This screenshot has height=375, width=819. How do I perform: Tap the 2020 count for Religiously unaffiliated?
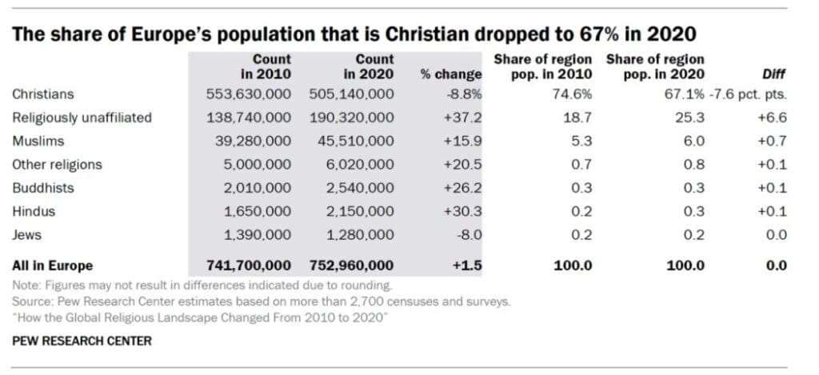click(351, 118)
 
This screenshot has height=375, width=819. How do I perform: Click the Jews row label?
click(26, 234)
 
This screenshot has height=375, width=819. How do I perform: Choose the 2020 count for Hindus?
click(357, 211)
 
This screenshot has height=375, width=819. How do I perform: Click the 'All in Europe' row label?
click(52, 265)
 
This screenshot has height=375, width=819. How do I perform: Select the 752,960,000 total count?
click(351, 265)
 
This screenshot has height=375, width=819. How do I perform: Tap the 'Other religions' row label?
click(57, 165)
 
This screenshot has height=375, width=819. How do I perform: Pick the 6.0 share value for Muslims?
click(692, 141)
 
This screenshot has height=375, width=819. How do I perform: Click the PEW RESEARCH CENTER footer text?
click(82, 341)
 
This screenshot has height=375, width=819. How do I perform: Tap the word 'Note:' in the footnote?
click(26, 285)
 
